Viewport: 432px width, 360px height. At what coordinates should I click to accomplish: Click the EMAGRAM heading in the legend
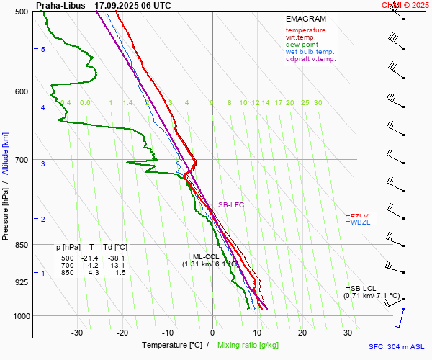pos(306,19)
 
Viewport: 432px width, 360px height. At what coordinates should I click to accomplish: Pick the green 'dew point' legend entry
pos(302,45)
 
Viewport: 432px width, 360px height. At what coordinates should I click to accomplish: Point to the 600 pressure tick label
pos(22,91)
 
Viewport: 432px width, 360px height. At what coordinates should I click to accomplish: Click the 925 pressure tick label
pos(22,282)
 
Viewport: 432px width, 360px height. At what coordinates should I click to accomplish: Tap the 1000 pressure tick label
pos(20,316)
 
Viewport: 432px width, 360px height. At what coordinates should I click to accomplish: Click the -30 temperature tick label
pos(78,333)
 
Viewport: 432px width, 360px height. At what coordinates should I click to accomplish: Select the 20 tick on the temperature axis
pos(302,333)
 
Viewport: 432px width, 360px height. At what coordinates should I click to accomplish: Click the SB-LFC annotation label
pos(231,205)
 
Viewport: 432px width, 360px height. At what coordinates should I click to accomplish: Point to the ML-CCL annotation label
pos(205,256)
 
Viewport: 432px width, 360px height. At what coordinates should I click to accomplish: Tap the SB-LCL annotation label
pos(364,288)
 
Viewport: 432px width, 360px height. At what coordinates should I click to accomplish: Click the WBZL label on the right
pos(359,222)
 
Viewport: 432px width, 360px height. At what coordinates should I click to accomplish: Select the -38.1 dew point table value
pos(115,258)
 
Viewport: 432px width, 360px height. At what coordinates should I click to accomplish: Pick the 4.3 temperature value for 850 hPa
pos(93,273)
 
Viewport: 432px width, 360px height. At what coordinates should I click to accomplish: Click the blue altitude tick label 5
pos(42,49)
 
